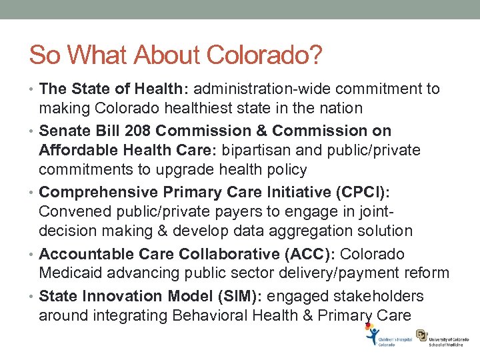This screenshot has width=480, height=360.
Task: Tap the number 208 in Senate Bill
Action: pos(150,130)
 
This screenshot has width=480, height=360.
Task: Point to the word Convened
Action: pos(72,211)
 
